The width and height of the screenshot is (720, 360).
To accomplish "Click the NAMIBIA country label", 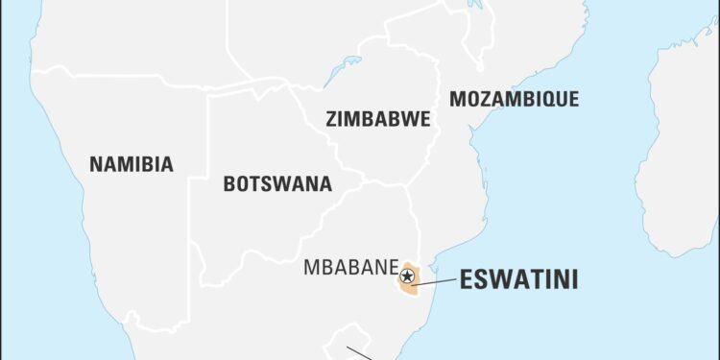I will pyautogui.click(x=132, y=164).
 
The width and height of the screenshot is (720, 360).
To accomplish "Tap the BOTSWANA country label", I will pyautogui.click(x=277, y=183).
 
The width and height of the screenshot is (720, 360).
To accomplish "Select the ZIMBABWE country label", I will pyautogui.click(x=377, y=119).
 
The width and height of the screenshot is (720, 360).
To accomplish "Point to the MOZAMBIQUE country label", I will pyautogui.click(x=514, y=98).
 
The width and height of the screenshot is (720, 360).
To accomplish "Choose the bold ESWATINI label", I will pyautogui.click(x=519, y=280).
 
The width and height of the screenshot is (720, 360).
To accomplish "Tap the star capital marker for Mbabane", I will pyautogui.click(x=407, y=276).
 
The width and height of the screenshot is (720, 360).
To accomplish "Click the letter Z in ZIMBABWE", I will pyautogui.click(x=331, y=119).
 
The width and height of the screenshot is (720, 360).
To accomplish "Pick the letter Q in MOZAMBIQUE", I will pyautogui.click(x=549, y=98).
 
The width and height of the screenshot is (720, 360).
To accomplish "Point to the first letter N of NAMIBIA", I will pyautogui.click(x=96, y=164).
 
